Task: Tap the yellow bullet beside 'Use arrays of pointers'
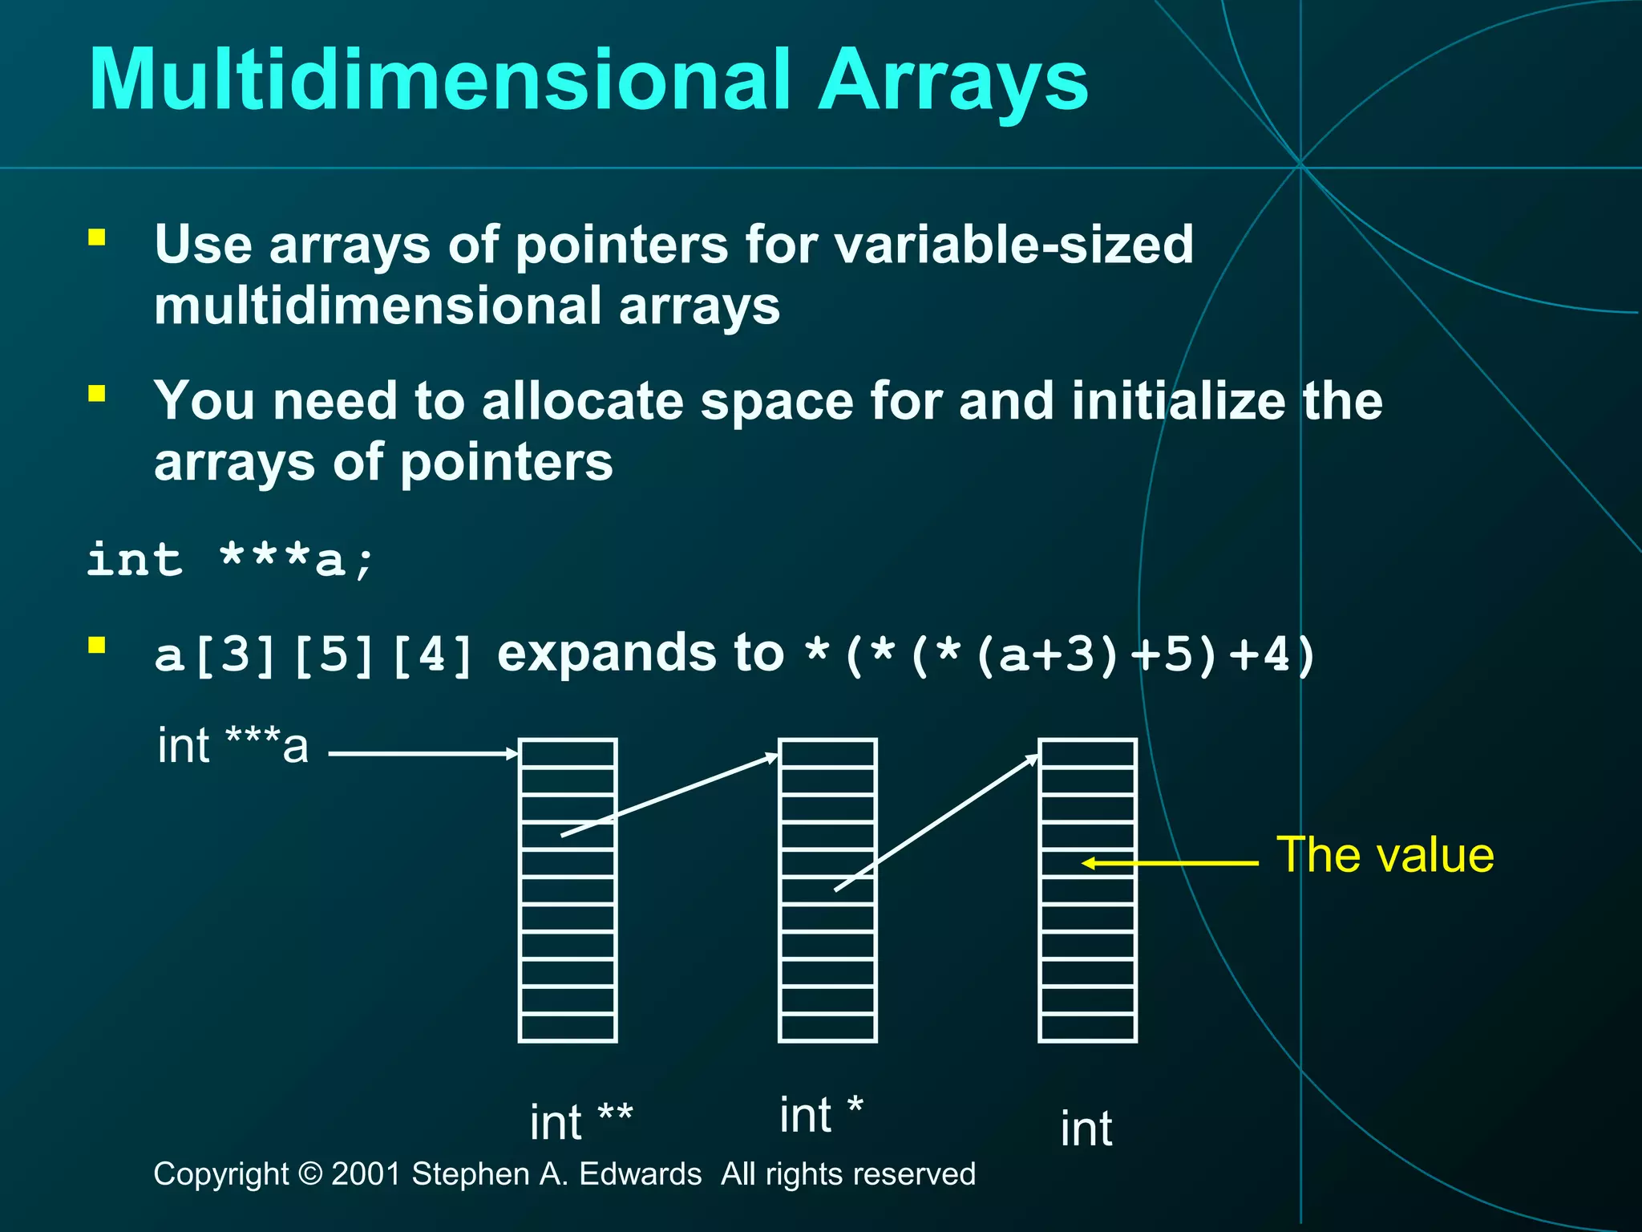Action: pos(97,237)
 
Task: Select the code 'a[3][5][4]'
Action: pos(313,654)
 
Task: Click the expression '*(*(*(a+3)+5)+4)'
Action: pos(1058,654)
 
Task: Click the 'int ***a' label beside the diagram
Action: pos(233,746)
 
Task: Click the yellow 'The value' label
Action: pos(1385,855)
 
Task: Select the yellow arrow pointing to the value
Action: pos(1171,863)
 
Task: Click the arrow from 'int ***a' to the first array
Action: pos(423,753)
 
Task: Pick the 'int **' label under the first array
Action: pos(581,1121)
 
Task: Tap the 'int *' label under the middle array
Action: pos(820,1115)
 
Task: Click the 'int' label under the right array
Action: pos(1086,1129)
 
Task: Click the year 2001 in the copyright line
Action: pos(366,1174)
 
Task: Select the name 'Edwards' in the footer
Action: pos(640,1174)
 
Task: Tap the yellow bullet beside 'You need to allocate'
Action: pos(97,393)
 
